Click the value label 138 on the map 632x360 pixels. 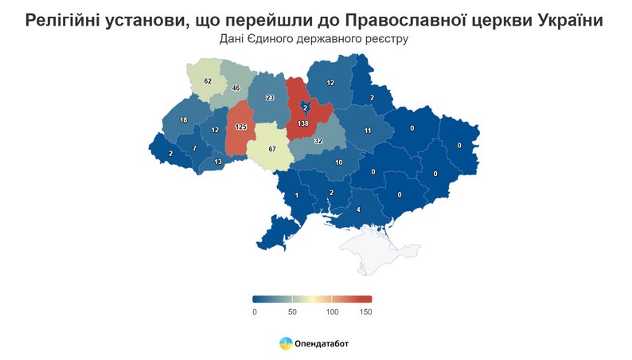click(x=302, y=125)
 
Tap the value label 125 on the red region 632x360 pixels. click(x=241, y=127)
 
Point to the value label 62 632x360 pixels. click(x=208, y=81)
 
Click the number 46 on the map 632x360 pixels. click(x=236, y=88)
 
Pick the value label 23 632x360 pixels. click(x=270, y=98)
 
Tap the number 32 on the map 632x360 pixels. click(x=318, y=141)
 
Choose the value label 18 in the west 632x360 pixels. click(x=183, y=120)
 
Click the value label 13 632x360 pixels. click(x=218, y=162)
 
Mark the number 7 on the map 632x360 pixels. click(x=193, y=149)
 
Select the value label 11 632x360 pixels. click(x=368, y=131)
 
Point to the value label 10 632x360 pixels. click(x=338, y=162)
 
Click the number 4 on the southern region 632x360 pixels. click(x=358, y=209)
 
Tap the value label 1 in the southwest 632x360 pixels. click(x=297, y=196)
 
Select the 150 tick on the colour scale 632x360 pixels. click(x=365, y=312)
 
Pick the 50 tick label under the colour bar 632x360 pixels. click(x=292, y=312)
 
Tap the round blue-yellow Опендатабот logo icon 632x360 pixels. click(x=285, y=343)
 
